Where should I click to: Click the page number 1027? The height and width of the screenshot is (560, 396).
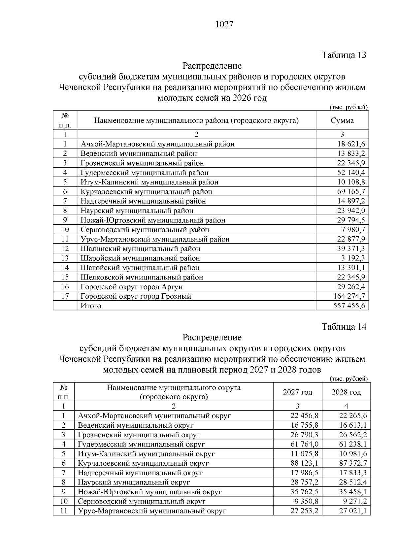pos(224,25)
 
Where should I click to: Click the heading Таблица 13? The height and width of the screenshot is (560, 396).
pos(344,55)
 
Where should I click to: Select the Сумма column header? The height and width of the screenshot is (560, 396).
pos(342,120)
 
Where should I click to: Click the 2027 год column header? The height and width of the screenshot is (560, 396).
pos(298,392)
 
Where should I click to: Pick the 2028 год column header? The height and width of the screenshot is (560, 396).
pos(346,392)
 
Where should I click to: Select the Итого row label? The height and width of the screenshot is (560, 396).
pos(91,306)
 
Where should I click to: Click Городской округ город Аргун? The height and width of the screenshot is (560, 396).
pos(131,286)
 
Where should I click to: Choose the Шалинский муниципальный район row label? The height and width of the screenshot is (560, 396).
pos(140,248)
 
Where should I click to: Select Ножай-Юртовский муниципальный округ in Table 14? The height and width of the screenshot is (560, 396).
pos(150,492)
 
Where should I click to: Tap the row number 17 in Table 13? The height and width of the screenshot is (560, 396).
pos(65,296)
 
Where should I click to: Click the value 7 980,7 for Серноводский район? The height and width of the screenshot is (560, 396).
pos(352,229)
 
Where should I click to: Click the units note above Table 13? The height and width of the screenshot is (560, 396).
pos(348,107)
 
